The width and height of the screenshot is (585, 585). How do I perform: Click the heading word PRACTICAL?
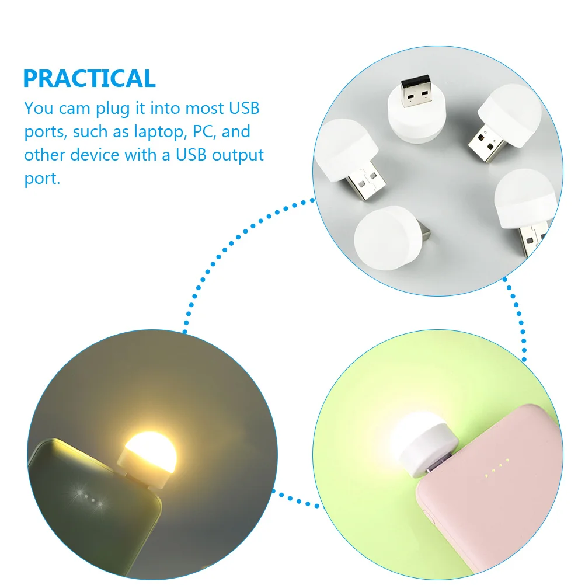pyautogui.click(x=89, y=79)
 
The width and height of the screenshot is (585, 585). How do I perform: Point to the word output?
pyautogui.click(x=238, y=155)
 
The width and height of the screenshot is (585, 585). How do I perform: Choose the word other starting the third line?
pyautogui.click(x=45, y=155)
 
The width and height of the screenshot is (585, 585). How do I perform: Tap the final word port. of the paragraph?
pyautogui.click(x=42, y=179)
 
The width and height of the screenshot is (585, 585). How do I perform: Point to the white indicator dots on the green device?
pyautogui.click(x=88, y=498)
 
